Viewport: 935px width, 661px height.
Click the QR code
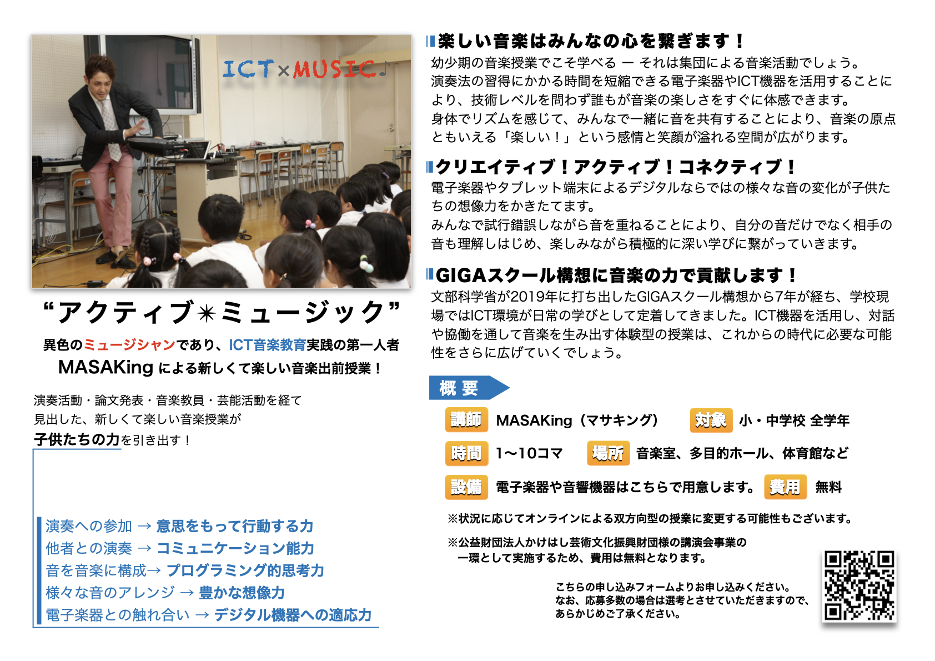859,585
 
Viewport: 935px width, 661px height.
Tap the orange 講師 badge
466,419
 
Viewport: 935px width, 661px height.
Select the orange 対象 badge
711,419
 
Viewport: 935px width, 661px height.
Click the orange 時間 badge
466,453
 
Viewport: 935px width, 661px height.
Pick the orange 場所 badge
608,453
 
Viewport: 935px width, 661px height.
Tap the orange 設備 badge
466,487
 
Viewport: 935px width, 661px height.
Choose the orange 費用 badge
785,487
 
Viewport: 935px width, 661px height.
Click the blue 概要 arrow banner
469,388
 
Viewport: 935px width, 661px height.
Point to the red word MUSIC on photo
334,69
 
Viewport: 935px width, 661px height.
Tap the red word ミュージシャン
129,345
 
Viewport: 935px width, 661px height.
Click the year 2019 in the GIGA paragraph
527,297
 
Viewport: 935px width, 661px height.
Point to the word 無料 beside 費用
828,487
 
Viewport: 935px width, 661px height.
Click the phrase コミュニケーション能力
235,548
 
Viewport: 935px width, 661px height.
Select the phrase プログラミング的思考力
245,570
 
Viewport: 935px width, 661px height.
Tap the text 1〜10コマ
529,453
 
